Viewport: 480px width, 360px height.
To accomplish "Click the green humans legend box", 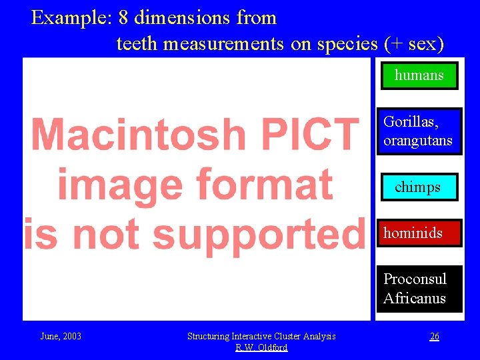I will pos(419,75).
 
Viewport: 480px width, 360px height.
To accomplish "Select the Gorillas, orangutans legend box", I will pos(419,131).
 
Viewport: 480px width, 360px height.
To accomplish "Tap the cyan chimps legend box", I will pos(418,187).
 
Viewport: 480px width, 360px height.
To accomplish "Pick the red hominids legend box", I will pos(419,233).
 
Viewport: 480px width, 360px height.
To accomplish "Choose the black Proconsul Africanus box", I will pos(419,289).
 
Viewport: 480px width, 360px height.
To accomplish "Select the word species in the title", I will pos(347,44).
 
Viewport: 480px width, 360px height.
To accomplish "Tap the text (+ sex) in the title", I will pos(414,44).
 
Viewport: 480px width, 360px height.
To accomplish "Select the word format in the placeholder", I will pos(269,185).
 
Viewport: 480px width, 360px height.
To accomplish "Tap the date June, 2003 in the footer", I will pos(61,336).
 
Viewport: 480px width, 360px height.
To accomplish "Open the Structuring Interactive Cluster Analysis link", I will pos(261,336).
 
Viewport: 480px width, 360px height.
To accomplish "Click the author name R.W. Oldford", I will pos(261,347).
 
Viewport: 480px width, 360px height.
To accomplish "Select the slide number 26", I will pos(434,336).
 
